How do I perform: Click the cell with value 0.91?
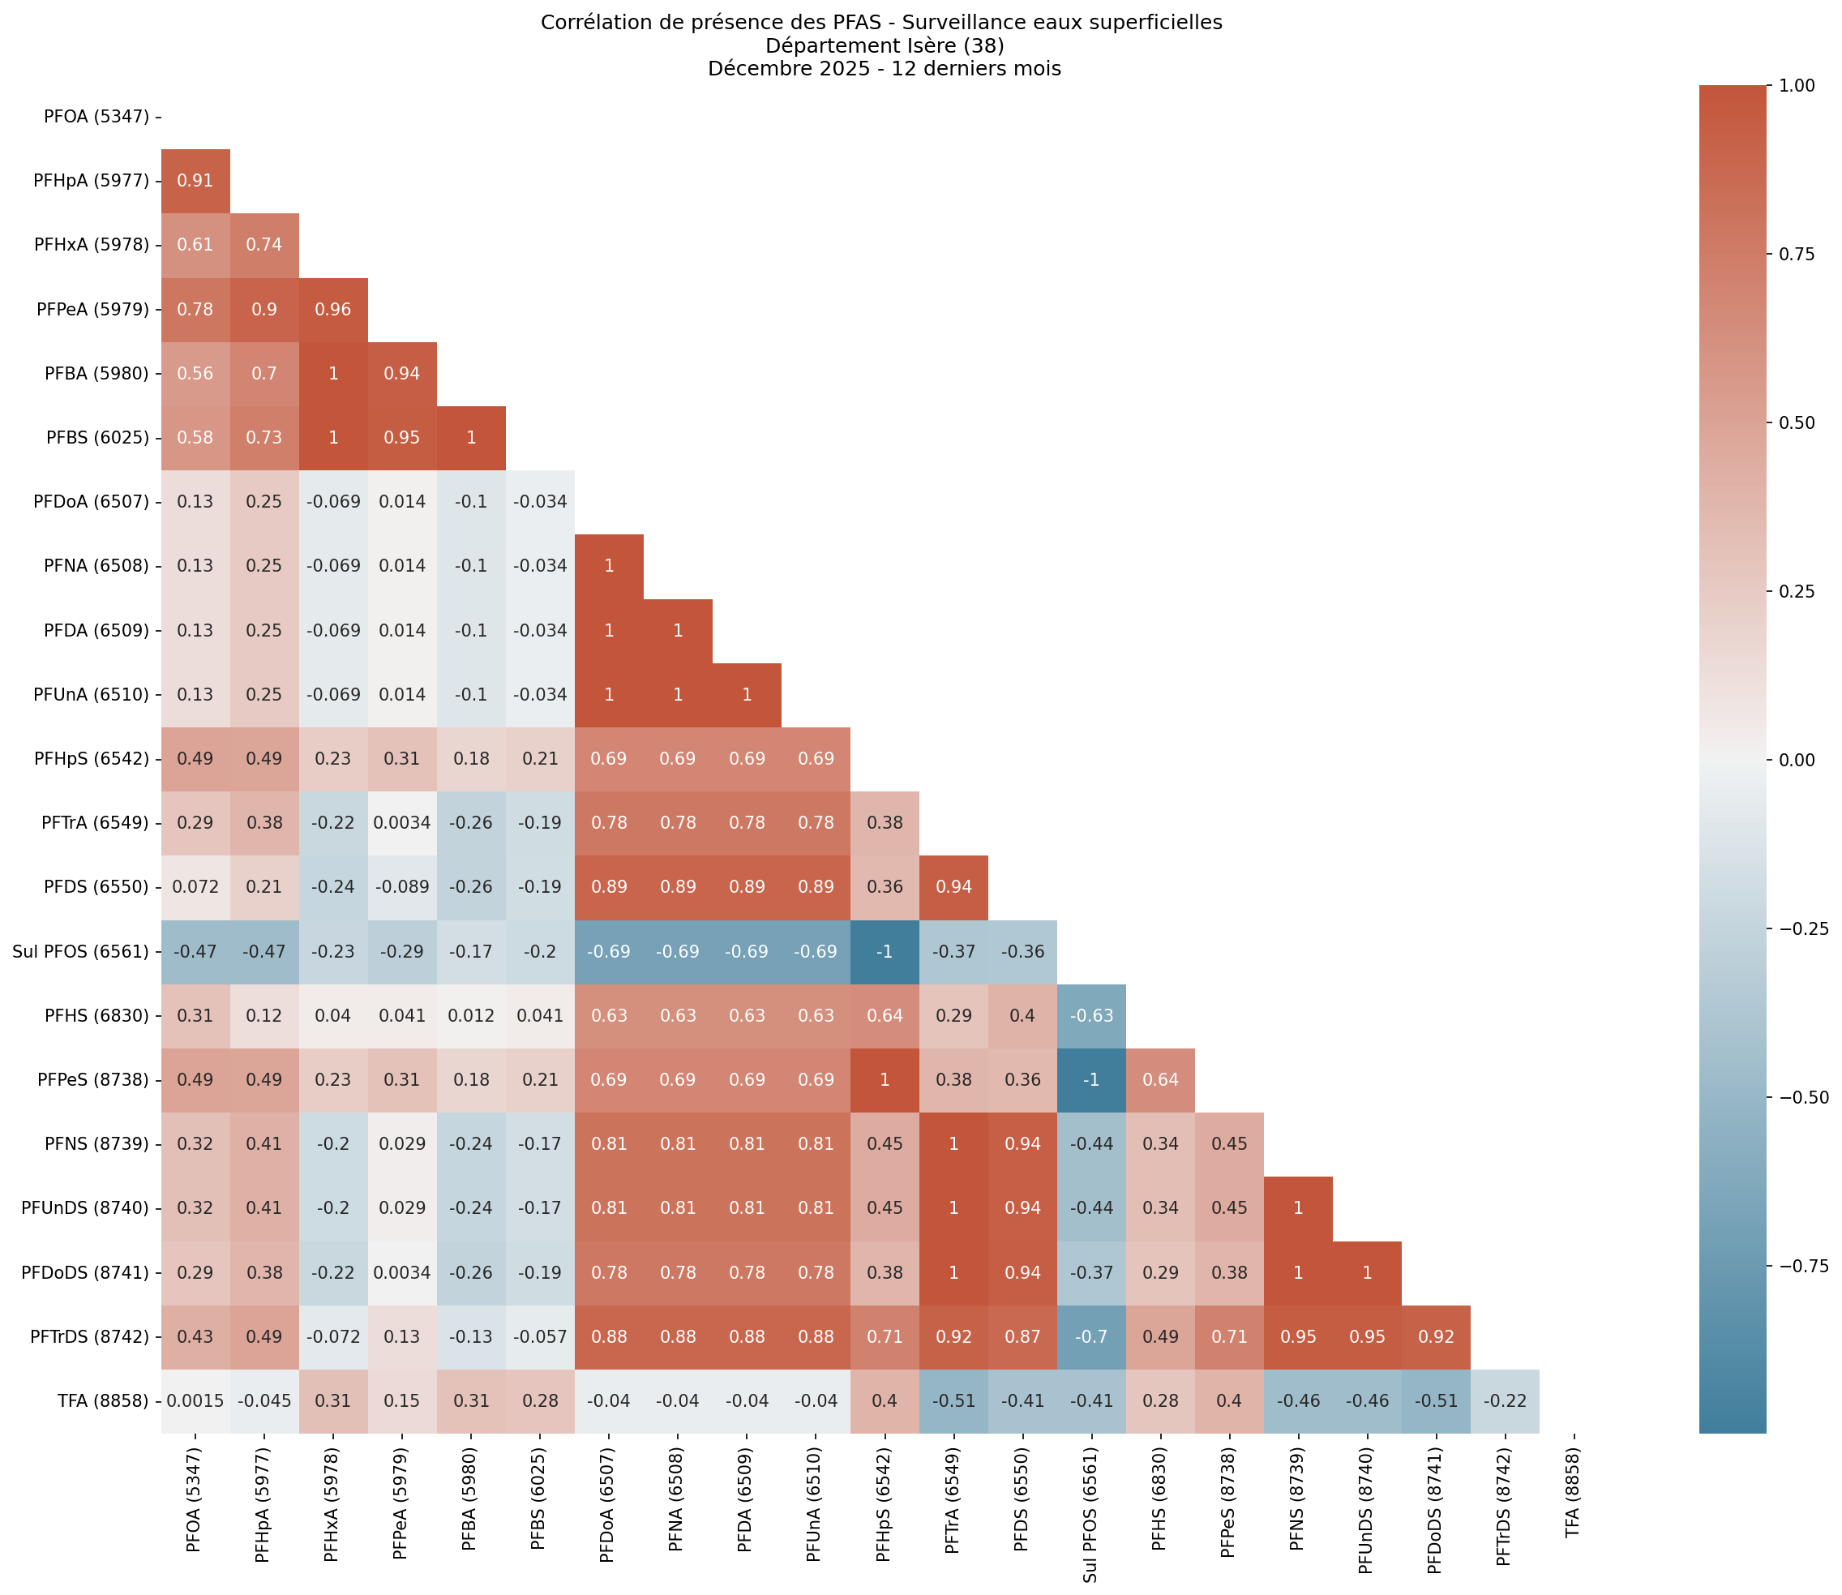click(x=195, y=181)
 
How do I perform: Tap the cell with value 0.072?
click(x=195, y=886)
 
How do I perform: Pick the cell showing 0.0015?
click(x=195, y=1400)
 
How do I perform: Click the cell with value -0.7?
click(x=1091, y=1336)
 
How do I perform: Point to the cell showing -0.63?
click(x=1091, y=1014)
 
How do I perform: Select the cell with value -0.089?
click(x=401, y=886)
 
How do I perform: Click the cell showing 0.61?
click(x=195, y=245)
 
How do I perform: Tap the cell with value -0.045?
click(x=264, y=1400)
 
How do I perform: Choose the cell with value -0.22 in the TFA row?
click(x=1504, y=1400)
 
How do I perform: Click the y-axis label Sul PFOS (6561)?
click(x=80, y=950)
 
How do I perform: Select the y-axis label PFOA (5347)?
click(x=96, y=117)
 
